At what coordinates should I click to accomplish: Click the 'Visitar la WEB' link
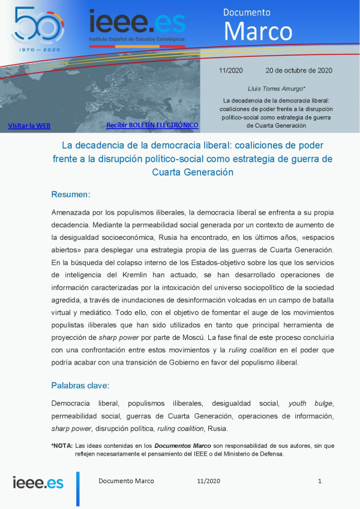click(29, 126)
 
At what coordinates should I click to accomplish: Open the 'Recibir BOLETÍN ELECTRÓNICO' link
click(152, 125)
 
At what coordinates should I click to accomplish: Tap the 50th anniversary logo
click(37, 27)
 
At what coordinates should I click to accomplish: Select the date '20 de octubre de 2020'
click(298, 70)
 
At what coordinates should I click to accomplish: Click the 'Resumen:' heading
click(71, 194)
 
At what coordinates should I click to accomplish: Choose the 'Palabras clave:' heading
click(80, 385)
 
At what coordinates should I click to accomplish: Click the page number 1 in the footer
click(320, 481)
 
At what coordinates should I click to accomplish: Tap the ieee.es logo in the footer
click(38, 481)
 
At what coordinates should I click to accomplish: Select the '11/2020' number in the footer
click(209, 481)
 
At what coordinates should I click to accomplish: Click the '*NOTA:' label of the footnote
click(62, 445)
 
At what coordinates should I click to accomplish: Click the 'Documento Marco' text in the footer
click(126, 481)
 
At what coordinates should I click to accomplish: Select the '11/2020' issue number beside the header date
click(230, 70)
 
